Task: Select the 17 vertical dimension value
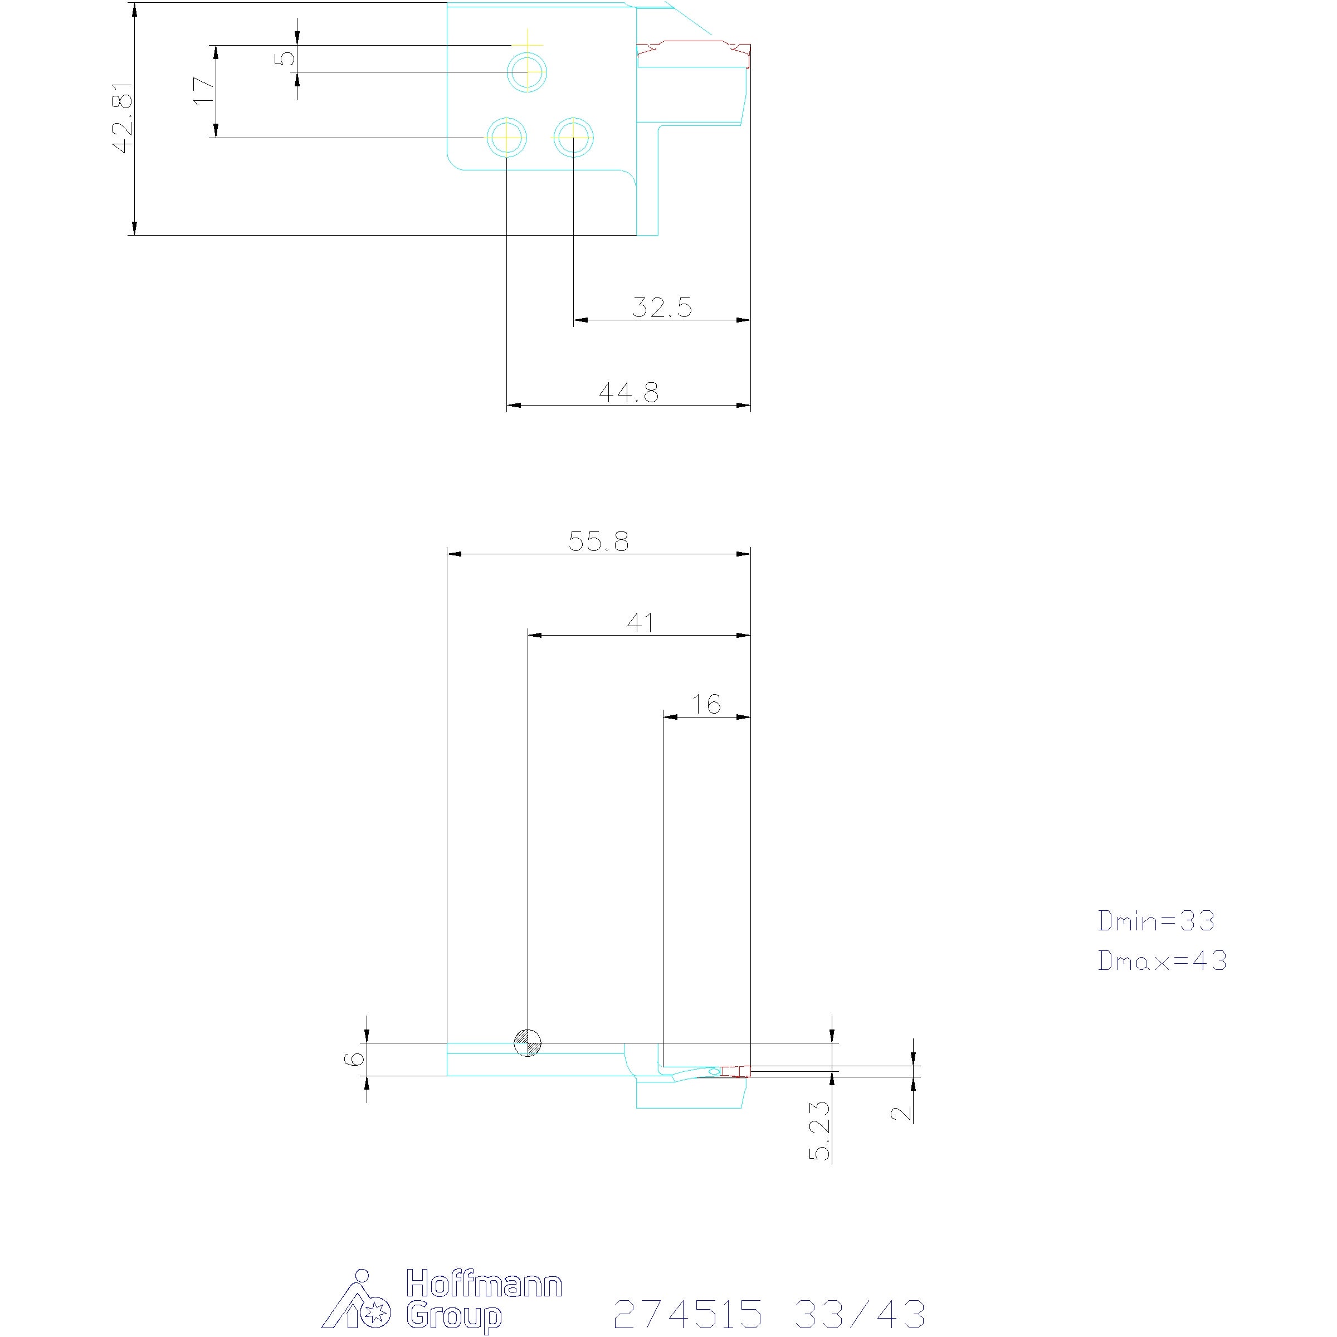point(204,91)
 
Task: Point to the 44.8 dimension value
point(628,392)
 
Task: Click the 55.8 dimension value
point(599,541)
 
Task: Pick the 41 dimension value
point(640,623)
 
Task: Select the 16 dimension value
point(706,705)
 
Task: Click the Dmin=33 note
point(1156,920)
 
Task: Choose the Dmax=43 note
point(1162,960)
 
